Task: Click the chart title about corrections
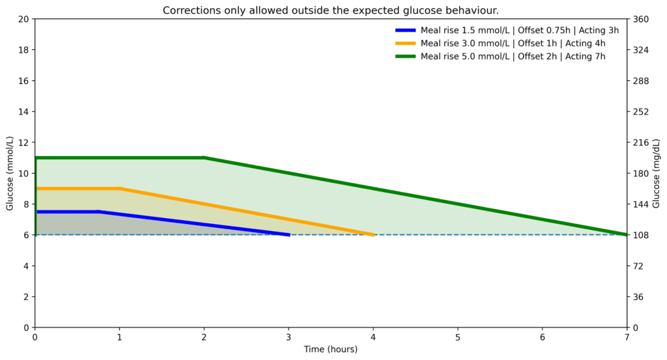[331, 10]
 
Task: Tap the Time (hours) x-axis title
[331, 350]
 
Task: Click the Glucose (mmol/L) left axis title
[10, 173]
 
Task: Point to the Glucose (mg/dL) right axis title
[656, 173]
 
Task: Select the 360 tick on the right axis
[639, 19]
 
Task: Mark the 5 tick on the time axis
[458, 337]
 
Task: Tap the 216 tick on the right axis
[639, 143]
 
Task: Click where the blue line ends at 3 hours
[289, 234]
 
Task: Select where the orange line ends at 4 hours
[373, 234]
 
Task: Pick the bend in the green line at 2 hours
[204, 158]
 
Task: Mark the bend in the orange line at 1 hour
[120, 189]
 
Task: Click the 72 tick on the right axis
[637, 266]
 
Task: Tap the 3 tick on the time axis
[289, 337]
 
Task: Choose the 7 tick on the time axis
[627, 337]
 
